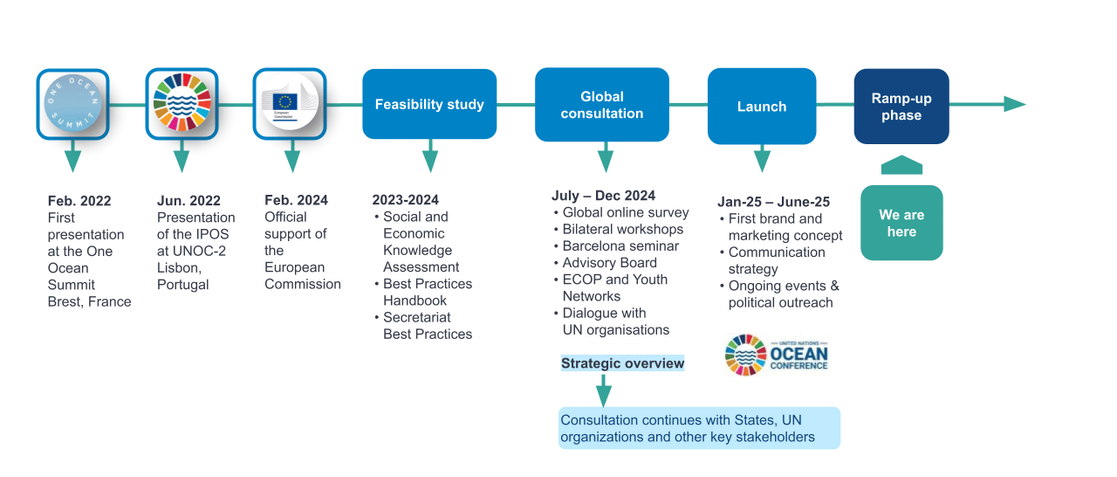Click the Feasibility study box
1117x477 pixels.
coord(429,105)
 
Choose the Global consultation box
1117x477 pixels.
coord(602,105)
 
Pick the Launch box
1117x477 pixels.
coord(762,107)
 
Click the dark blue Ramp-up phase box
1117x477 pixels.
coord(901,107)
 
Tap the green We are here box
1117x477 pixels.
coord(901,223)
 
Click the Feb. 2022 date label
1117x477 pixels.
coord(79,201)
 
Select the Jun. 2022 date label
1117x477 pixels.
coord(188,201)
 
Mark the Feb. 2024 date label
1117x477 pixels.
coord(296,200)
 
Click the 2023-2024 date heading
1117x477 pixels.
coord(405,200)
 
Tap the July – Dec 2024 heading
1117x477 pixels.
coord(603,196)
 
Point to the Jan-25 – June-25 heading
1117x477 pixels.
coord(773,202)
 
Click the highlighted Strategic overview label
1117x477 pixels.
coord(622,363)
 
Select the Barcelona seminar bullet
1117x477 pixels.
coord(620,245)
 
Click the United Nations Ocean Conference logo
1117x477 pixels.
coord(776,355)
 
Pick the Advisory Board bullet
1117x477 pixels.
coord(609,262)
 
